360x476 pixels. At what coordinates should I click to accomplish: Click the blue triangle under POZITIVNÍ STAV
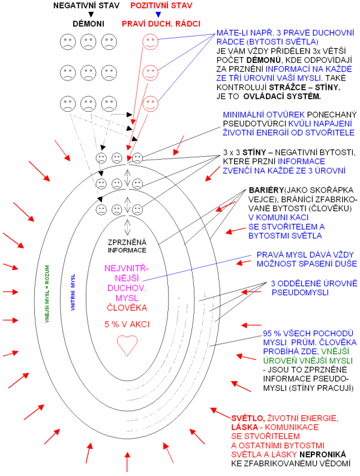[157, 14]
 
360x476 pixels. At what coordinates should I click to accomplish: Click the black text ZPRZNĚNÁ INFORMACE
[127, 246]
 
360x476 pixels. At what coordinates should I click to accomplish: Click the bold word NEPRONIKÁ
[321, 454]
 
